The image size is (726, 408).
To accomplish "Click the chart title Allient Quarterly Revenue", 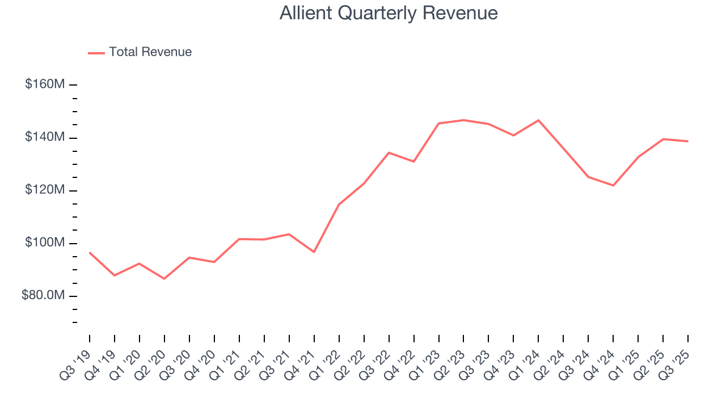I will (389, 13).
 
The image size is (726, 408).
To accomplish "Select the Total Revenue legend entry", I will (150, 52).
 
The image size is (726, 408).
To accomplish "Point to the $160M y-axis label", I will (45, 84).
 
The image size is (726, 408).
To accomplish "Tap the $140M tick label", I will (45, 137).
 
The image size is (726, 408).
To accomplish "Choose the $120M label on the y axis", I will (45, 190).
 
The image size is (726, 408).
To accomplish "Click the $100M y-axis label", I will (45, 243).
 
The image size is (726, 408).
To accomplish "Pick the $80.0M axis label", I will (43, 296).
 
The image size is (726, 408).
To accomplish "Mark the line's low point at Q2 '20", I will (164, 279).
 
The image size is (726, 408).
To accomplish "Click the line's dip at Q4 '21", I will (314, 252).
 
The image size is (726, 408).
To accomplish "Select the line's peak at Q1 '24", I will (538, 120).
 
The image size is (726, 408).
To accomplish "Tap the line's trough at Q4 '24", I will (613, 185).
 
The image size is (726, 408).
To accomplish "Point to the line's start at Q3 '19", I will (90, 253).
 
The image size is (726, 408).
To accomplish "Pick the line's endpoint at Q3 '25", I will (688, 141).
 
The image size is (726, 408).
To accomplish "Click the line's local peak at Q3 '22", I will (389, 152).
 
